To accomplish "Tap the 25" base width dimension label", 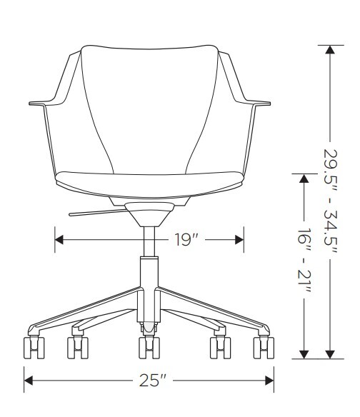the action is (x=153, y=381).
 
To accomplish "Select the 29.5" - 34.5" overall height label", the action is (x=331, y=201).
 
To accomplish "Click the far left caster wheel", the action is (x=34, y=348).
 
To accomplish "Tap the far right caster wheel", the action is (x=264, y=348).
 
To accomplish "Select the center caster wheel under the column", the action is (x=149, y=348).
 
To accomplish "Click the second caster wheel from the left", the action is (x=78, y=348).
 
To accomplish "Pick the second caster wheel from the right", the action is (x=220, y=348).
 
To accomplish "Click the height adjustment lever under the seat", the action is (x=98, y=213).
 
